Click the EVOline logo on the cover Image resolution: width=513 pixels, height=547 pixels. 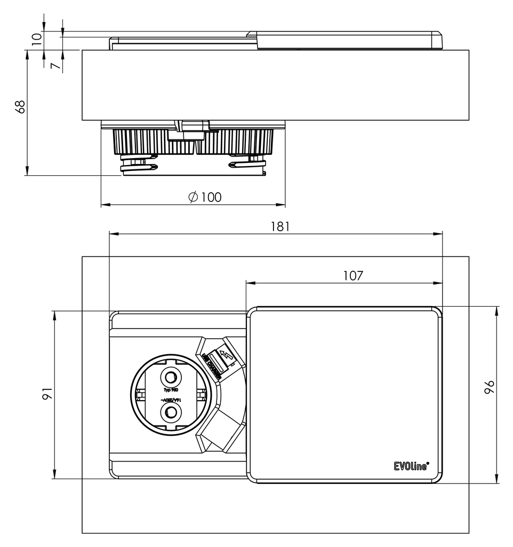pyautogui.click(x=411, y=466)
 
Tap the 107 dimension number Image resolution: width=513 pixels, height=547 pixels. pyautogui.click(x=352, y=276)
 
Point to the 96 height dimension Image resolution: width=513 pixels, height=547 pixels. pyautogui.click(x=489, y=387)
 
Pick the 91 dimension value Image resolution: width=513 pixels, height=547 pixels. pyautogui.click(x=47, y=394)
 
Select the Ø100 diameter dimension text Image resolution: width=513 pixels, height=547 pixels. pyautogui.click(x=205, y=197)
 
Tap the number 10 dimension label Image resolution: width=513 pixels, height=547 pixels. pyautogui.click(x=36, y=39)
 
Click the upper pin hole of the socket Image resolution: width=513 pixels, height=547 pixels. pyautogui.click(x=171, y=378)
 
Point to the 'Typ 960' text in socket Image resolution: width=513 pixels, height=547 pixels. pyautogui.click(x=171, y=390)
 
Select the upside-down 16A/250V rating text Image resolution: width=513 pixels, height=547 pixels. pyautogui.click(x=171, y=400)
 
